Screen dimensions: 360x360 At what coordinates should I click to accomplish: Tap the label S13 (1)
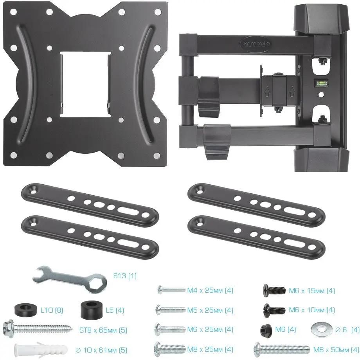pos(125,275)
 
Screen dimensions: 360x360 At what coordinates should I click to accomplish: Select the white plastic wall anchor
pos(41,350)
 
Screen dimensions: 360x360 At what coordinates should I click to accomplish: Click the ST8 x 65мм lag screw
pos(38,330)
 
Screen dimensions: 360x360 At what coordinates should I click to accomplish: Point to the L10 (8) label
pos(52,310)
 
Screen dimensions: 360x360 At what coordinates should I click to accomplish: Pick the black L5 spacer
pos(91,310)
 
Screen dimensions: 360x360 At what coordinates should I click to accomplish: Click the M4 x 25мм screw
pos(171,290)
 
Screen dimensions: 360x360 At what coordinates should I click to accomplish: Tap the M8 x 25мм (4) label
pos(210,349)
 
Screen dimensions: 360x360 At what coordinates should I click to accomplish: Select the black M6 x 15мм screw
pos(274,290)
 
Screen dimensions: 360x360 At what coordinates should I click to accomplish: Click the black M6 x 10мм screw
pos(274,310)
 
